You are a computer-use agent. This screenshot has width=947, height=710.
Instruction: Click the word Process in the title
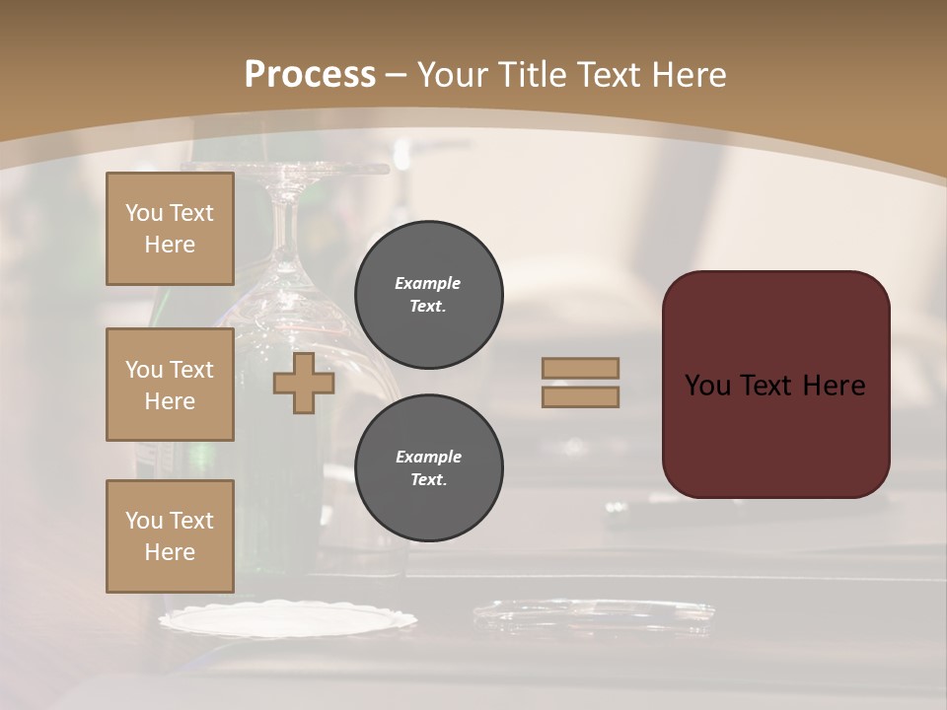(310, 75)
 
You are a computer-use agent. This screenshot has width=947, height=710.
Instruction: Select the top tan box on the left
(170, 229)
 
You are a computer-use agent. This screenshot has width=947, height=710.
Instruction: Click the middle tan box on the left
(170, 385)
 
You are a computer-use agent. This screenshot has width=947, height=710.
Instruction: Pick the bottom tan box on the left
(170, 536)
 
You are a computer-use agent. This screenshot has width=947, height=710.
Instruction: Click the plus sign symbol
(304, 383)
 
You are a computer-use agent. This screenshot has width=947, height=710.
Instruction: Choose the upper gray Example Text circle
(428, 295)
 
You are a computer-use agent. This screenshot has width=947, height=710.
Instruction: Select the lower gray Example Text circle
(428, 468)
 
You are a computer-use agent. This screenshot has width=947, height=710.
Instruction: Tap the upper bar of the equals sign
(581, 368)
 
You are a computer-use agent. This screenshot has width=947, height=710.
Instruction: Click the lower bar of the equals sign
(581, 396)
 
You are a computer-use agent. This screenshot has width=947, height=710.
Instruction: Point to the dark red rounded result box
(775, 434)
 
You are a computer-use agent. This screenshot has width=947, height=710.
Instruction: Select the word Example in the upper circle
(427, 283)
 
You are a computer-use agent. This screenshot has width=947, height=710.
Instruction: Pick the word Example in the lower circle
(428, 457)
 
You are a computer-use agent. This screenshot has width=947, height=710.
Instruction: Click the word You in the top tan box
(144, 213)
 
